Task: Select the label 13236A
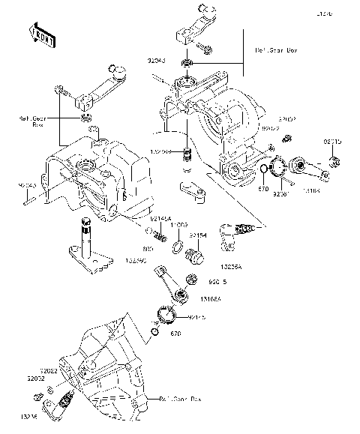pos(232,266)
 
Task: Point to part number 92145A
pos(160,218)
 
